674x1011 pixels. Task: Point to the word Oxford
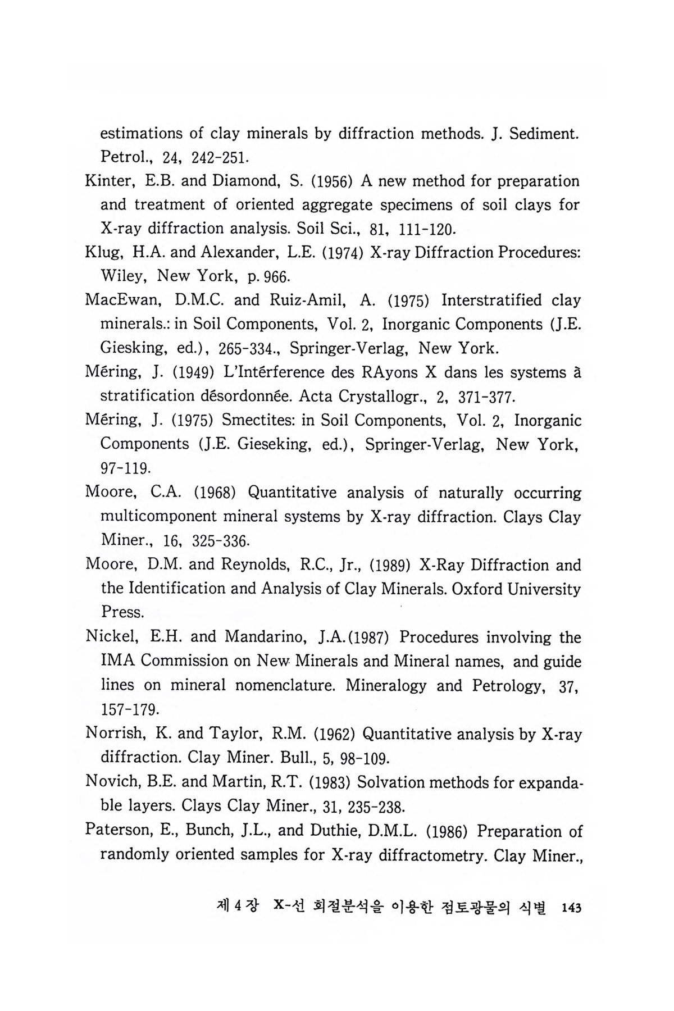click(x=484, y=589)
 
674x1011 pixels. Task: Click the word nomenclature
click(x=281, y=686)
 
